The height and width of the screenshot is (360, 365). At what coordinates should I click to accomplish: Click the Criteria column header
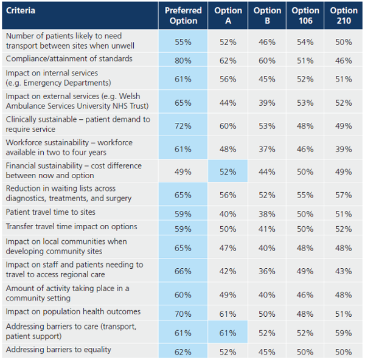pos(21,10)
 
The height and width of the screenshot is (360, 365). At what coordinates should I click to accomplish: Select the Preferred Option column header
pos(183,16)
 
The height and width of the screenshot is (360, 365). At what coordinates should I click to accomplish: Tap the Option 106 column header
pos(305,16)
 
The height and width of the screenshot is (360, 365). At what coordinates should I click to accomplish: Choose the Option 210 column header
pos(344,16)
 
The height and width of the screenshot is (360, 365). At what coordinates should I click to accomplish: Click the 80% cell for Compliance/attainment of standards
pos(183,61)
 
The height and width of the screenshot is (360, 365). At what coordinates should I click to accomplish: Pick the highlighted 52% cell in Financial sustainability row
pos(228,172)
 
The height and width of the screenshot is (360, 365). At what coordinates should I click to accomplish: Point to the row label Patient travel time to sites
pos(50,212)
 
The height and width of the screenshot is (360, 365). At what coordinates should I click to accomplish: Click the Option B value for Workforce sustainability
pos(267,149)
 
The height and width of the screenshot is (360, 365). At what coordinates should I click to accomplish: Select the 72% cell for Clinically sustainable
pos(183,126)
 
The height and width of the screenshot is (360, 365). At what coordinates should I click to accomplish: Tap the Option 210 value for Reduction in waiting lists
pos(344,195)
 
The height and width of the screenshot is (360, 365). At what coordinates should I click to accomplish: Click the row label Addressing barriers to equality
pos(58,350)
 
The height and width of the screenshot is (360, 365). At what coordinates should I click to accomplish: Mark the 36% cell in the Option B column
pos(267,271)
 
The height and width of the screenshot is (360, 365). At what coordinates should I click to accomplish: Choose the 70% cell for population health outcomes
pos(183,314)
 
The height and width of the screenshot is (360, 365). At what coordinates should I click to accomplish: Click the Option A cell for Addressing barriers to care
pos(228,333)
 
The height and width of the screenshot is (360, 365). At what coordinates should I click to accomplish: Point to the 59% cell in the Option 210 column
pos(344,333)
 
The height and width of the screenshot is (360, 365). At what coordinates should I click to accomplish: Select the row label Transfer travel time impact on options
pos(71,227)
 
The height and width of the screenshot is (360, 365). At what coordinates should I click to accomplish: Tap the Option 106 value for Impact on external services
pos(305,103)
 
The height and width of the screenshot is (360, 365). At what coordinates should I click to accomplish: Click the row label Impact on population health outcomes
pos(73,311)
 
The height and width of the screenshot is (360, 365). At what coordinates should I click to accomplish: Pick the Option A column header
pos(228,16)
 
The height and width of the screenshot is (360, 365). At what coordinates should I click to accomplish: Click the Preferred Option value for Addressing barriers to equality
pos(183,352)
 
